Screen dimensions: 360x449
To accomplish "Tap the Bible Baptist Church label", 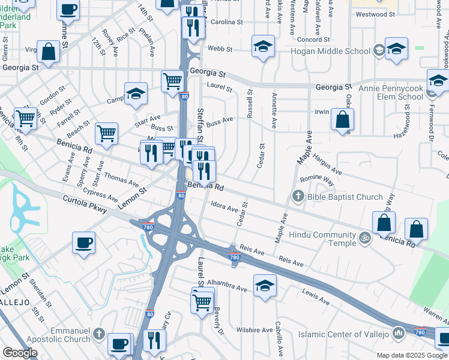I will [345, 197].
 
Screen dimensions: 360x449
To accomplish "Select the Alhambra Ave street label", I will [227, 285].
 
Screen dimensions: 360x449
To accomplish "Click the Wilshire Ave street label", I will [254, 330].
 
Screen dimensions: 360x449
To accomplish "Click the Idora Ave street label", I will [224, 208].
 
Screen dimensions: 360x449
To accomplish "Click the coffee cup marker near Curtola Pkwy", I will [83, 243].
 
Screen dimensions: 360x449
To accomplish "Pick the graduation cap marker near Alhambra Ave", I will [265, 286].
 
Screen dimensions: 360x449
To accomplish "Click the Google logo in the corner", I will [20, 353].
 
